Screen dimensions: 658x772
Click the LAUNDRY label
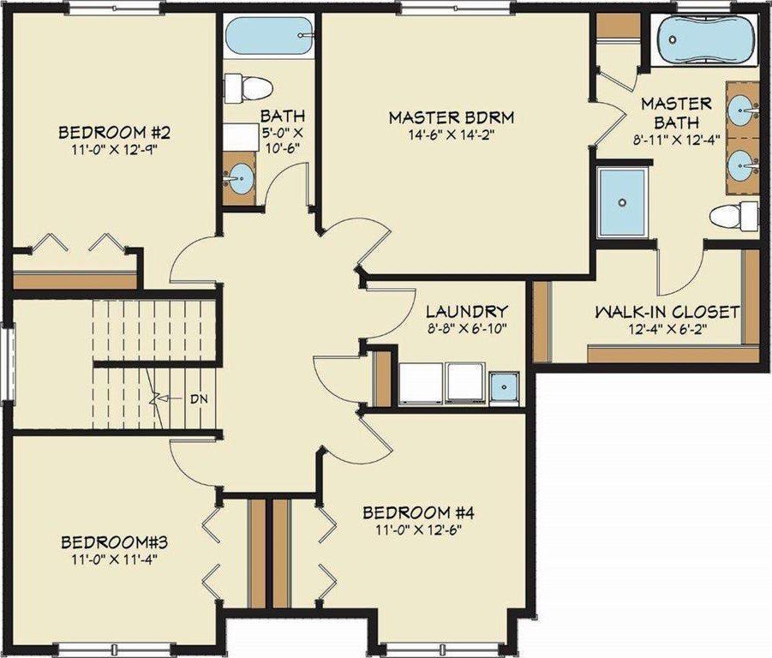[x=467, y=311]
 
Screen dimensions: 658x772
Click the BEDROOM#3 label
[x=114, y=542]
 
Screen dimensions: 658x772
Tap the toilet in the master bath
[x=734, y=216]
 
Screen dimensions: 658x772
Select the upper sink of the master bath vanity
[x=742, y=110]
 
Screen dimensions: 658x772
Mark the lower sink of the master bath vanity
[x=742, y=162]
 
